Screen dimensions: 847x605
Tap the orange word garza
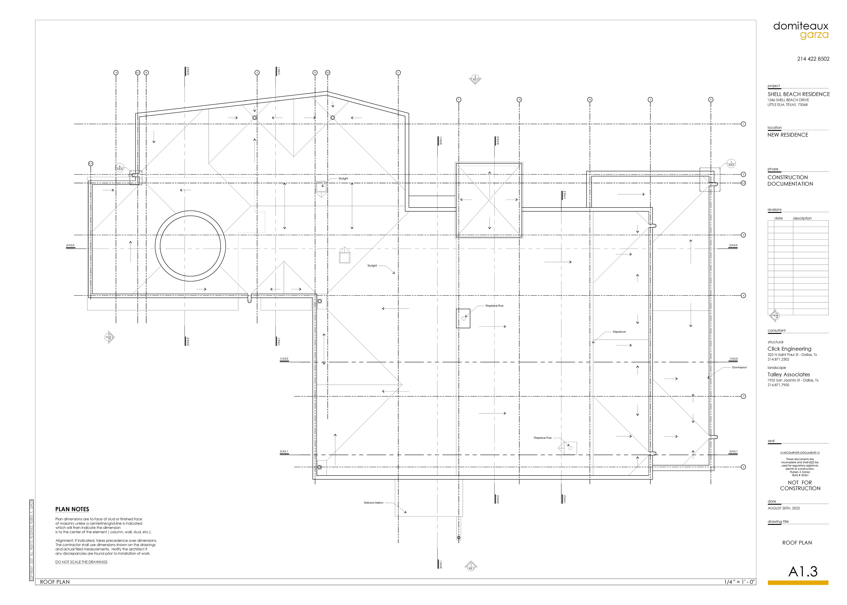pos(814,35)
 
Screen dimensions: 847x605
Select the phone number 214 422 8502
pos(813,59)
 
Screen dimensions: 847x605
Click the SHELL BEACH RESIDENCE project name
pos(798,94)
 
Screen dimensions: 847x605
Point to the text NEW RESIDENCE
pos(787,135)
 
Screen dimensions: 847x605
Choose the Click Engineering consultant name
pos(789,349)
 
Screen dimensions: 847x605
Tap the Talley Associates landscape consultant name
pos(788,374)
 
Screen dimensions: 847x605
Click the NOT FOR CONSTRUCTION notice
pos(800,485)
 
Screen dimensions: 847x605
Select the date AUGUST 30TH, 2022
pos(783,508)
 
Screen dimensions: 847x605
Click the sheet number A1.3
pos(803,571)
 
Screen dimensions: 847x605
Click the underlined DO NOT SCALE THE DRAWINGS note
pos(81,562)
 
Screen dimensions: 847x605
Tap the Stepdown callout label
pos(619,332)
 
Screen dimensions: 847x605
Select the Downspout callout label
pos(739,367)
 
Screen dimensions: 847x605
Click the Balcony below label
pos(374,503)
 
